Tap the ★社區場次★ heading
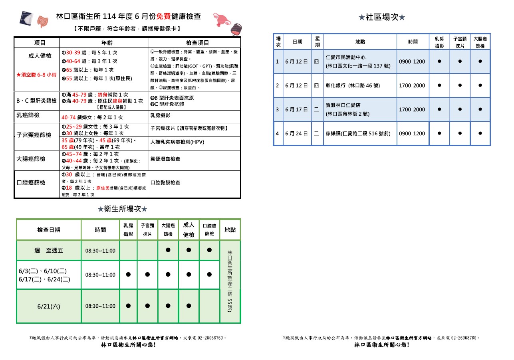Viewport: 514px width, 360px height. [382, 17]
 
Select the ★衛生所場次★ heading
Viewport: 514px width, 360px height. [123, 209]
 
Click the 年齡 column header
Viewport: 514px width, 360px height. [103, 43]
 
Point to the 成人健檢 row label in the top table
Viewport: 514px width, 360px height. [40, 56]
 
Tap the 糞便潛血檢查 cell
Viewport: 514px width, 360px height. [165, 159]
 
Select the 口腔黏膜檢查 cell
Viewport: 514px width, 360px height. [165, 182]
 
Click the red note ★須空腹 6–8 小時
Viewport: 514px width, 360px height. [36, 75]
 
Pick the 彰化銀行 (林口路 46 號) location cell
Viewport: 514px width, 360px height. [353, 85]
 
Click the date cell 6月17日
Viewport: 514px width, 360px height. [296, 109]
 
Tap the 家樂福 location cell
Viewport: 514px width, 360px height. [358, 133]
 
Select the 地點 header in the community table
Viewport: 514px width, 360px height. [360, 42]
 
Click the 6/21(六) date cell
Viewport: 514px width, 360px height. [49, 306]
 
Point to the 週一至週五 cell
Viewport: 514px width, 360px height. [49, 251]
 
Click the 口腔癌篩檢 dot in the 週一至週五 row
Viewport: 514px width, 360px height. [209, 250]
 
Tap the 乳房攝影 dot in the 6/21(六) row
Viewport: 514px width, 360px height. [128, 306]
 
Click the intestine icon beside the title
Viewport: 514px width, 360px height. [42, 22]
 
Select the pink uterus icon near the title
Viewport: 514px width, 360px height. [220, 18]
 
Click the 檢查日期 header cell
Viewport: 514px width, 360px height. [49, 230]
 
